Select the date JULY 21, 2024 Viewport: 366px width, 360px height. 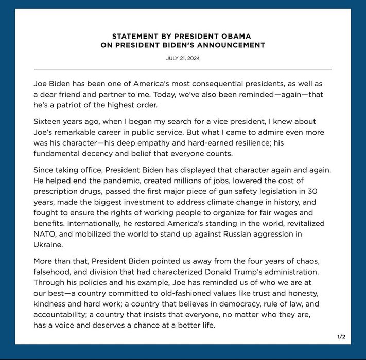183,58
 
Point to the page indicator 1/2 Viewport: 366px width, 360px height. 341,337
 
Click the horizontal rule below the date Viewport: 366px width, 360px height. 183,69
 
